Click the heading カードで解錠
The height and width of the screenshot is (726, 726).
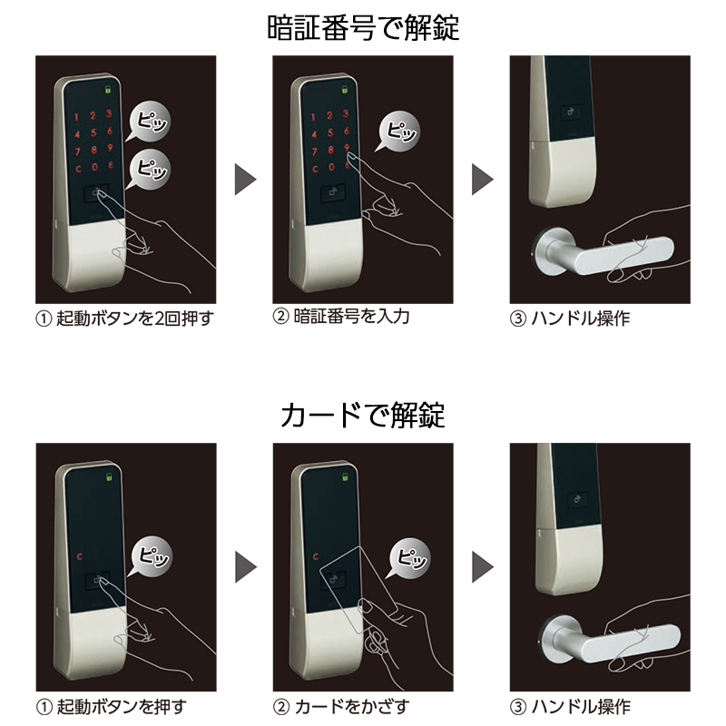tap(363, 416)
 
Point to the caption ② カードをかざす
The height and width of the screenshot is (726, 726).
tap(341, 706)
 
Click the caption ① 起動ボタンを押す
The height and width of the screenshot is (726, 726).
tap(113, 706)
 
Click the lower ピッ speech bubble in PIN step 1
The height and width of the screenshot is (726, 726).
tap(150, 168)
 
